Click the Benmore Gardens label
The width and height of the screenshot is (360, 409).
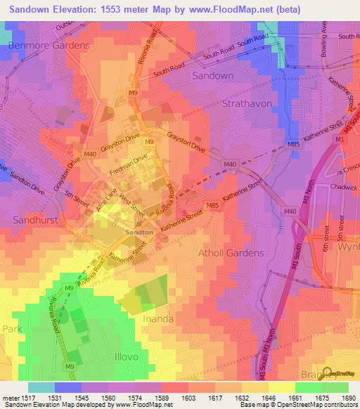(49, 45)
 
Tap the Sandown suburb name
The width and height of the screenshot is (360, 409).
(213, 75)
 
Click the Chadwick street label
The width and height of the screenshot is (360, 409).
(345, 187)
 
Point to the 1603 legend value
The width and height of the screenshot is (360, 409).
(188, 398)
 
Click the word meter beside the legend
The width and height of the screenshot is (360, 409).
(11, 398)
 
